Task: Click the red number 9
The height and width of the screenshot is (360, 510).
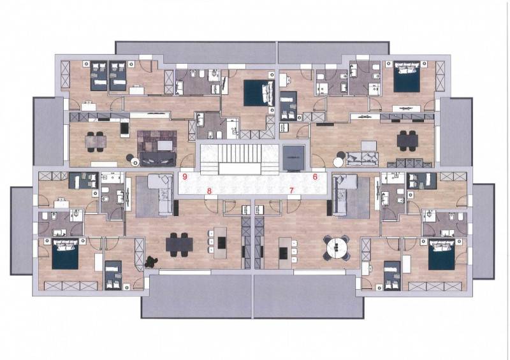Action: click(x=185, y=177)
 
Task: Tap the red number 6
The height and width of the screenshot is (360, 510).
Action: click(x=315, y=177)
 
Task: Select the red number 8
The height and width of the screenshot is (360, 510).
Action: click(x=210, y=191)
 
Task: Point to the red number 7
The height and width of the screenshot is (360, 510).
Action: click(x=291, y=191)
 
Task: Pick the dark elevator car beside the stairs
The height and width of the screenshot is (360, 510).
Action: click(x=293, y=158)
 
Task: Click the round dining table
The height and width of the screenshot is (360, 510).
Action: click(x=337, y=247)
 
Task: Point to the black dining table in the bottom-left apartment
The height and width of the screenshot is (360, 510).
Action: click(x=179, y=245)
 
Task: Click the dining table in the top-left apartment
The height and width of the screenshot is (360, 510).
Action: click(x=96, y=141)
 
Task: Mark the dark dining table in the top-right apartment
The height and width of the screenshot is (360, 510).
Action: click(x=407, y=140)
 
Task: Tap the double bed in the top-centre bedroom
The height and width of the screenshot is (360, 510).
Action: click(x=259, y=93)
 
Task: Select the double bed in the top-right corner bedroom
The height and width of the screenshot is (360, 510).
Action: click(x=407, y=77)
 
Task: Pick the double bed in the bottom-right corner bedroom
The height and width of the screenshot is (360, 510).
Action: click(x=441, y=255)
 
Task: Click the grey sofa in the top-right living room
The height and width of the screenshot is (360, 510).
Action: click(x=361, y=159)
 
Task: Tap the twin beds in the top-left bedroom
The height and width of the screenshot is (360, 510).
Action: click(x=108, y=76)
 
